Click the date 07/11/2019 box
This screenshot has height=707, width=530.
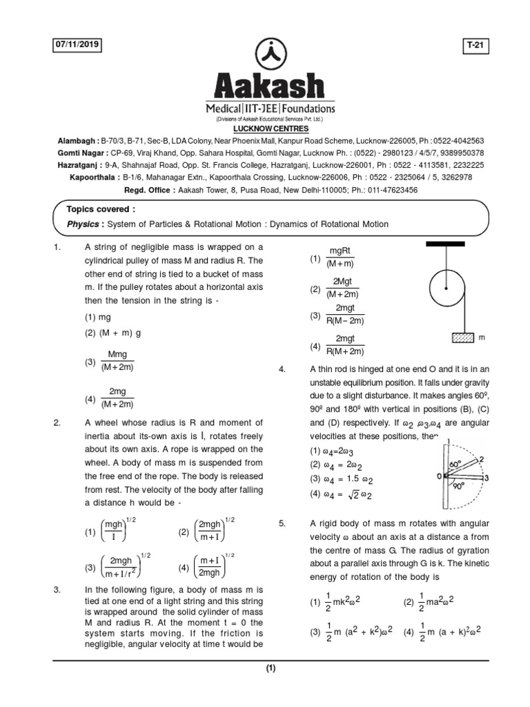point(77,45)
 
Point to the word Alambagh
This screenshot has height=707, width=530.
point(78,139)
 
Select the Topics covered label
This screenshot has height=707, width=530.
point(101,209)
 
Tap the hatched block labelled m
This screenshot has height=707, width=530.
point(462,338)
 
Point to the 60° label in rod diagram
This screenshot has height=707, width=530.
point(454,465)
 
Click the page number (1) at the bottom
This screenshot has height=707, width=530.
point(271,668)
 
